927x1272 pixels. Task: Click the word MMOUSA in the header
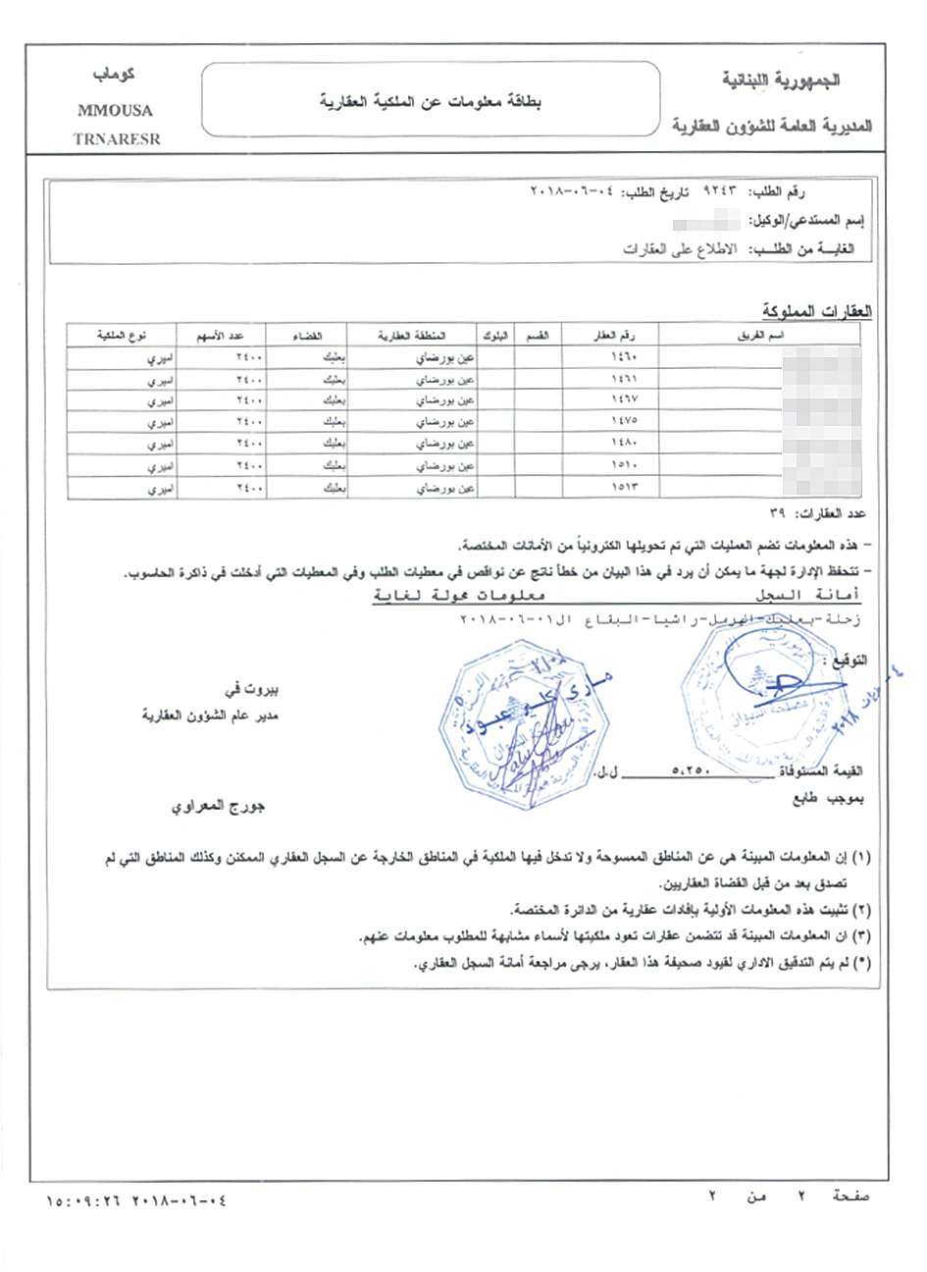115,111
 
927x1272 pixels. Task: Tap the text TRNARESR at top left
116,139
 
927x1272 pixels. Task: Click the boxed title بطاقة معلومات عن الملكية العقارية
431,101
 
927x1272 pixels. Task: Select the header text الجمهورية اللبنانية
781,79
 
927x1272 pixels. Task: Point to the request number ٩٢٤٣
719,192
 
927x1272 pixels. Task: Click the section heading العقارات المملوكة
817,312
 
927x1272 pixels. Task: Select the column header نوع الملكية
122,336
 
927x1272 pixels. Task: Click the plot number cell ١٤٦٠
624,356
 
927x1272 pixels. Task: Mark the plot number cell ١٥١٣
624,488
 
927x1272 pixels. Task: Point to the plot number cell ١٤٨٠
624,444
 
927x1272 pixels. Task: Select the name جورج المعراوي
219,807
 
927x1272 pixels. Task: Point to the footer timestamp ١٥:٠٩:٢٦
82,1199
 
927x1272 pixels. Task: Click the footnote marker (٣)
860,937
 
